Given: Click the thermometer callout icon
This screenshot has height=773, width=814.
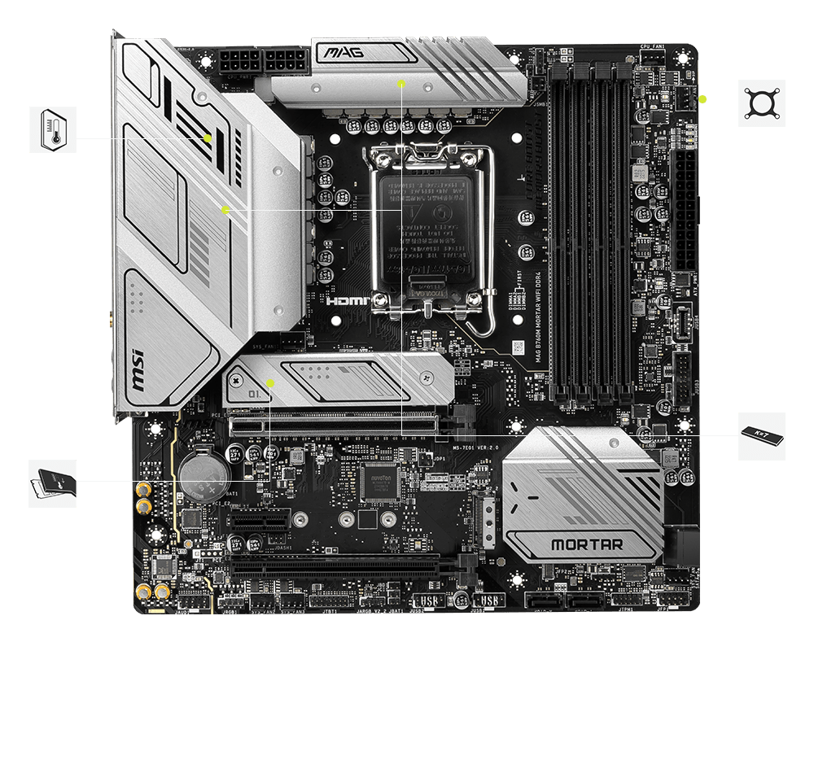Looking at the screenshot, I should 53,129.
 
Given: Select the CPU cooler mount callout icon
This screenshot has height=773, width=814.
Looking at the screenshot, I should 762,103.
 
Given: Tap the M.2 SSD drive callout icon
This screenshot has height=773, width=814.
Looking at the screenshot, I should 762,436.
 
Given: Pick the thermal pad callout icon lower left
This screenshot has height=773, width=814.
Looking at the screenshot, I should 53,483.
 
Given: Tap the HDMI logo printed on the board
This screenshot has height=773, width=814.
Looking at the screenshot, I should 348,301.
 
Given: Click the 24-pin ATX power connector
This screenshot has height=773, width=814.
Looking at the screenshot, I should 685,212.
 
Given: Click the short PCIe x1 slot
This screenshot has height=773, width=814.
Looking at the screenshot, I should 259,518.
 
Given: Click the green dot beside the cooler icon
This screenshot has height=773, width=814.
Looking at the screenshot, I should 702,100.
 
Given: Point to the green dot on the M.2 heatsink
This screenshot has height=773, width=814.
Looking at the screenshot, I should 271,382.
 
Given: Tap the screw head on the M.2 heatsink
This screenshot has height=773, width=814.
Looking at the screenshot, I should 238,380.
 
